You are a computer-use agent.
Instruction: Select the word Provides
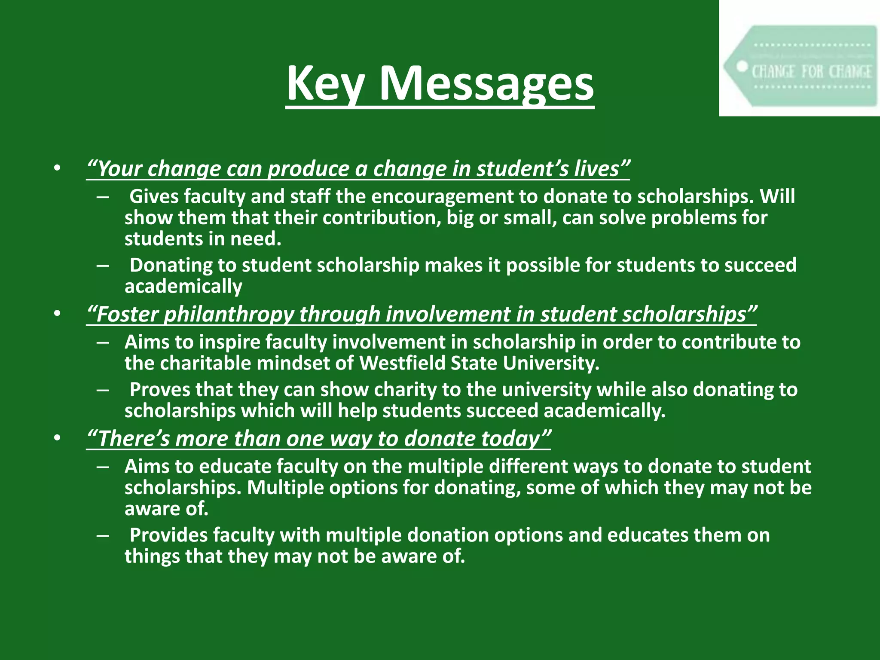tap(168, 535)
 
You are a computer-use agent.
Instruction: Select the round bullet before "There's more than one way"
tap(58, 438)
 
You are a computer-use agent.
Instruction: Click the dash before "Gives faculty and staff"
tap(103, 197)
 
